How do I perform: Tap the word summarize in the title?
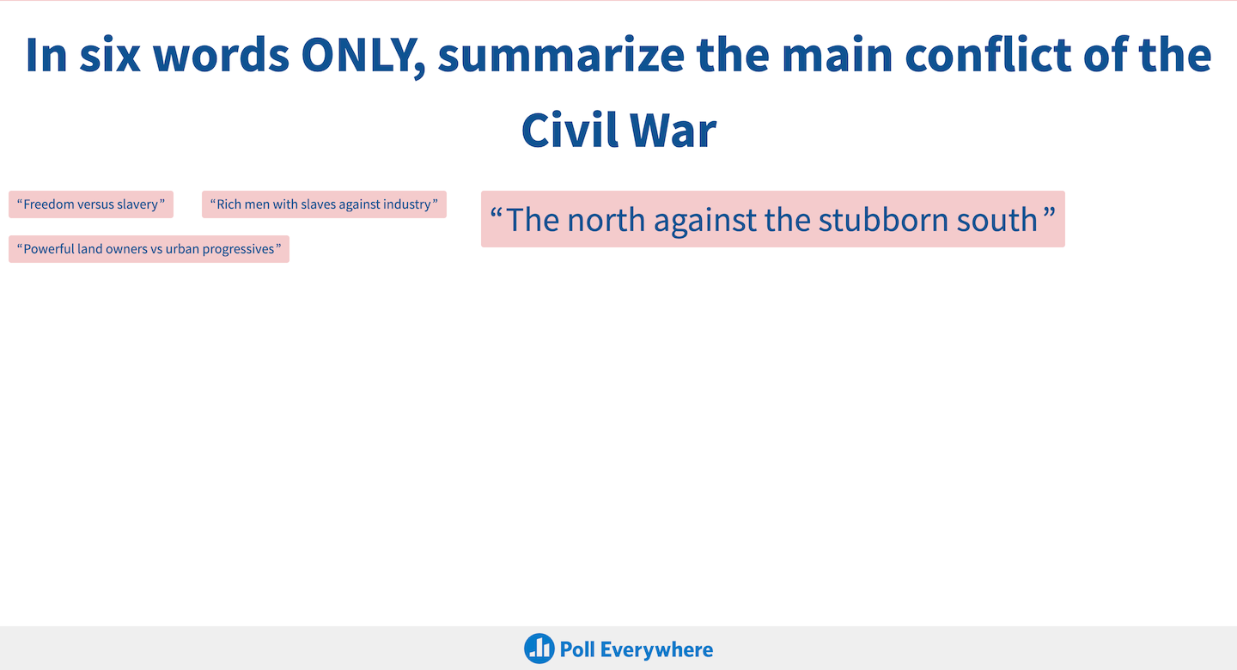point(561,56)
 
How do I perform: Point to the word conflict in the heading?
point(987,55)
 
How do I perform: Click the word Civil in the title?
point(570,131)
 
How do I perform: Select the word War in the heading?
point(673,131)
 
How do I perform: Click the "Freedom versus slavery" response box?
point(91,204)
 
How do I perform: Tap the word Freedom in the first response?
point(49,204)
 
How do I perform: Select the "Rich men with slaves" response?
point(324,204)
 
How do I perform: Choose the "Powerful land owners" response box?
point(149,249)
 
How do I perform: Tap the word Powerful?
point(49,249)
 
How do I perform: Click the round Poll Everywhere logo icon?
point(539,649)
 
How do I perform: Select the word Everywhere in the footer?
point(656,649)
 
